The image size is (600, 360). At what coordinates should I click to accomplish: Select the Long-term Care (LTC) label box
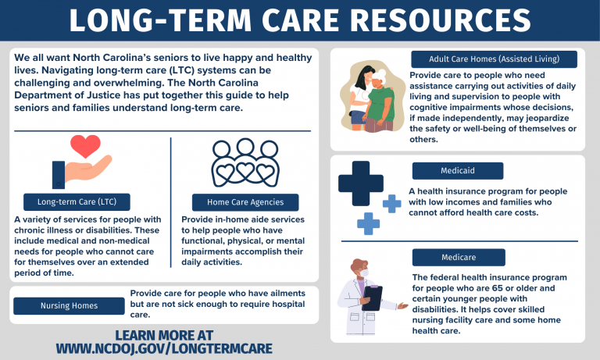point(77,202)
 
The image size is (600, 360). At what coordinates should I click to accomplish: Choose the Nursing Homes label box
point(69,305)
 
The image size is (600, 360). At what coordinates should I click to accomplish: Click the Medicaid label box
point(457,170)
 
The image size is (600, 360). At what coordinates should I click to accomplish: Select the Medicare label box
point(457,257)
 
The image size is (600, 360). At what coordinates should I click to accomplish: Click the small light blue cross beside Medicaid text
point(391,204)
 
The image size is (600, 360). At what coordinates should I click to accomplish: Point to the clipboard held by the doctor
point(373,298)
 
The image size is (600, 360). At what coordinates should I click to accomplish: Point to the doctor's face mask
point(361,275)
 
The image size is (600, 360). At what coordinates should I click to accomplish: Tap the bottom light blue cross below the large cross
point(368,223)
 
